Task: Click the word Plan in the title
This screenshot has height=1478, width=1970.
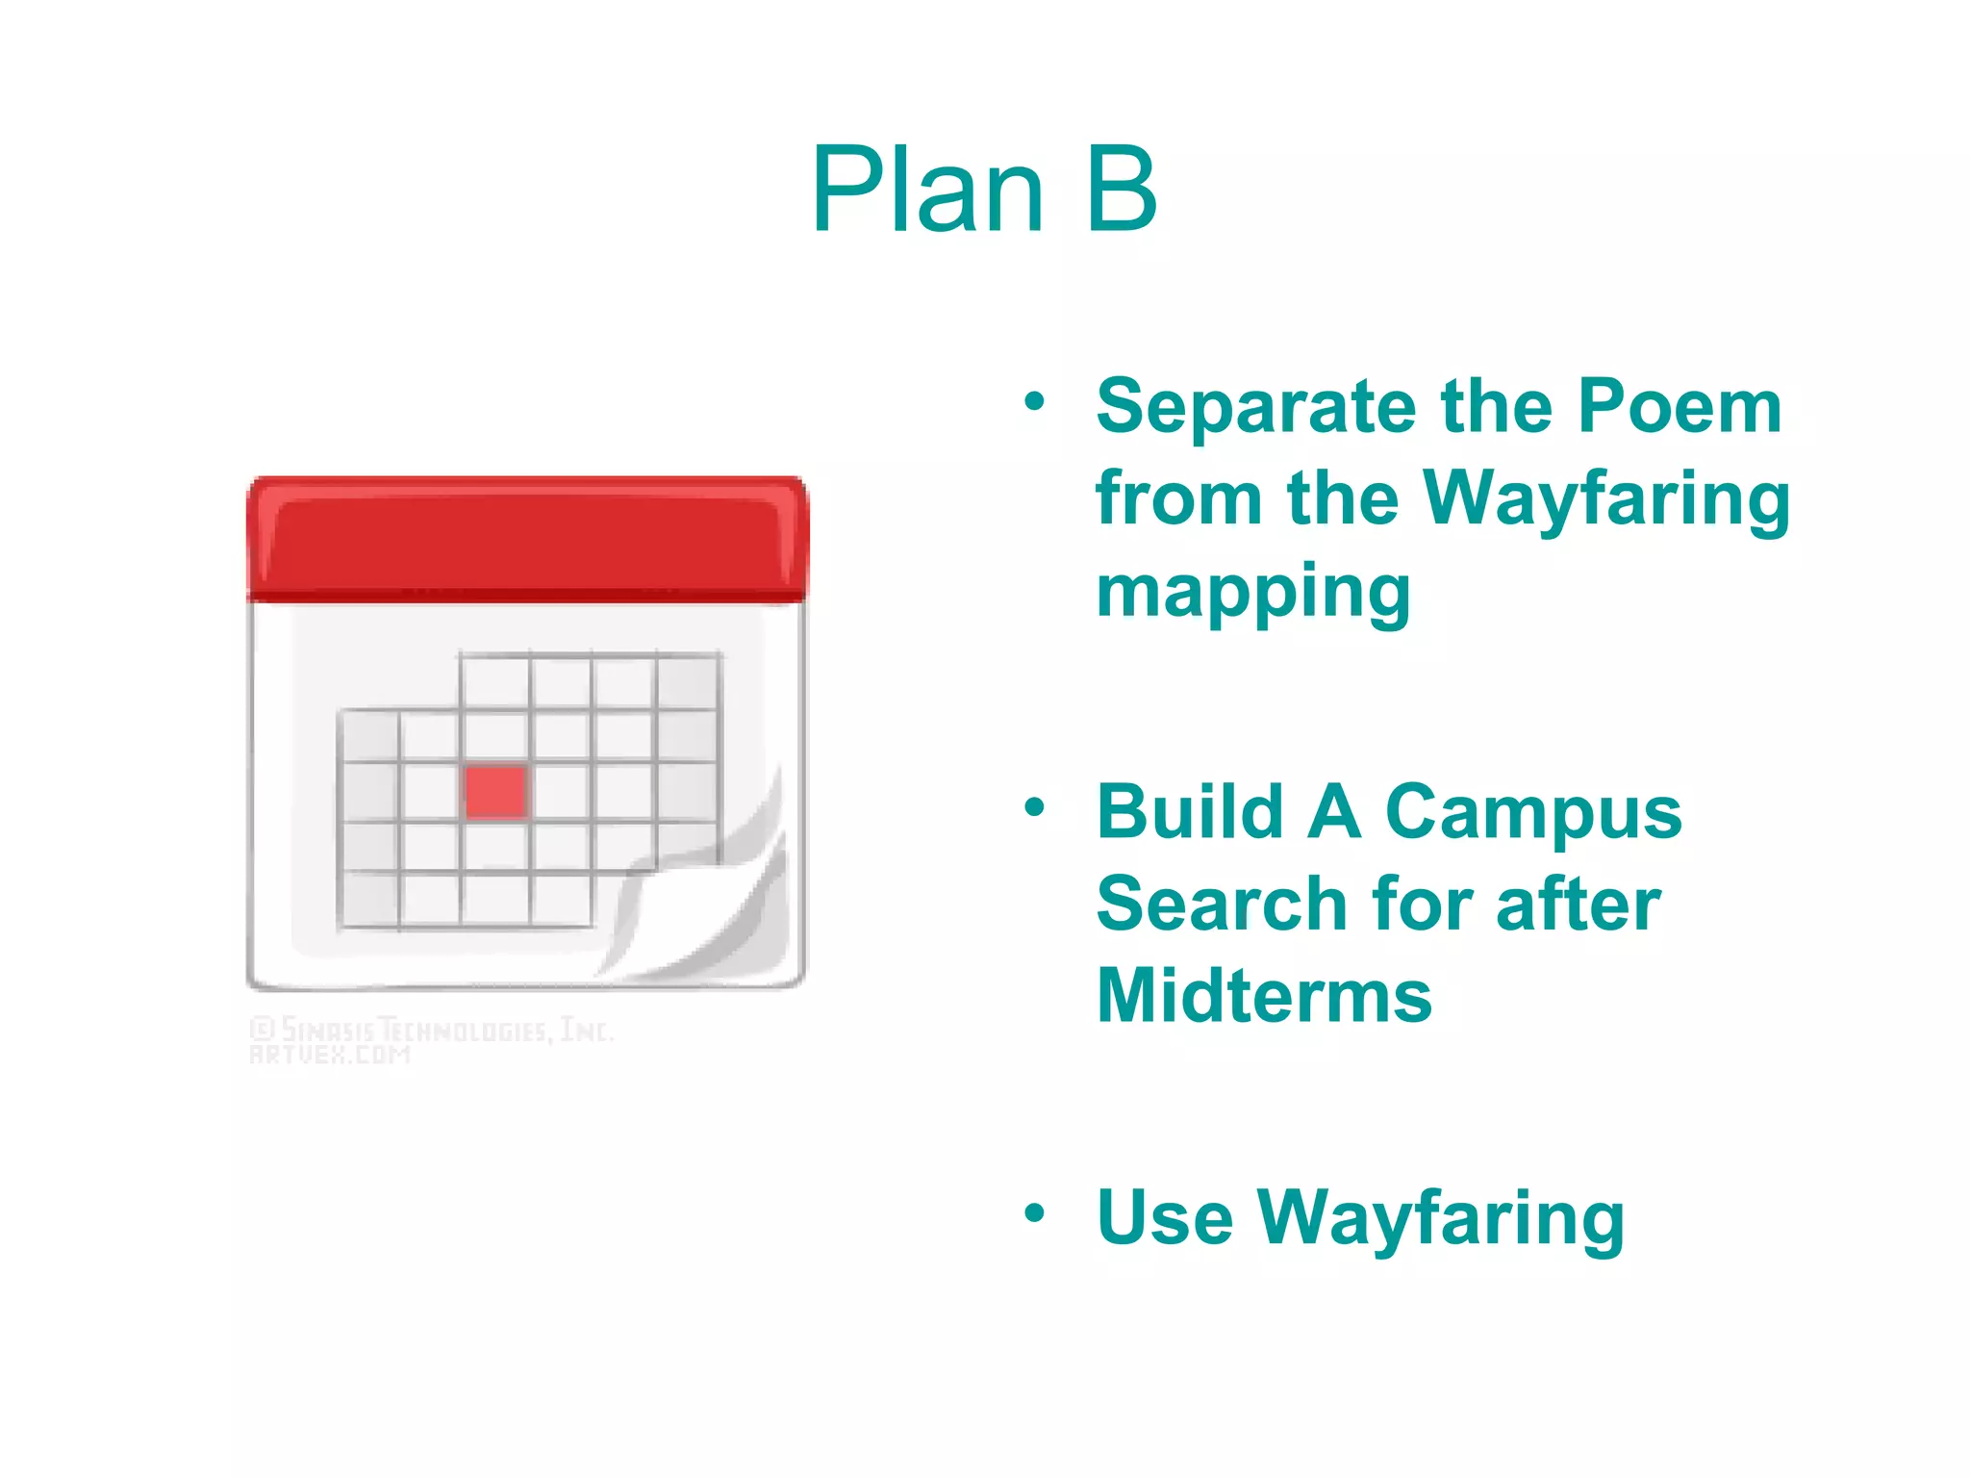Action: point(927,189)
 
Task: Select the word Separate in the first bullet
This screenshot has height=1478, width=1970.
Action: point(1256,408)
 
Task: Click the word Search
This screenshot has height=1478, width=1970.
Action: point(1222,905)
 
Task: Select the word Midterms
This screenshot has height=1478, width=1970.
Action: point(1264,996)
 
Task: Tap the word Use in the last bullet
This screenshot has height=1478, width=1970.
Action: point(1164,1218)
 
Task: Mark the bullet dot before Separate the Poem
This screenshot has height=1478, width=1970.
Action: point(1034,401)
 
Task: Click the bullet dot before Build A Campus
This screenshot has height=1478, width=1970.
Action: point(1034,806)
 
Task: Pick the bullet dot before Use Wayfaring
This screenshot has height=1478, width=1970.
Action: point(1034,1212)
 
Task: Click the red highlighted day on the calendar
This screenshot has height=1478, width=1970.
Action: point(495,792)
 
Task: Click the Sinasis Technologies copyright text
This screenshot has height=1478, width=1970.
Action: point(430,1031)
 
